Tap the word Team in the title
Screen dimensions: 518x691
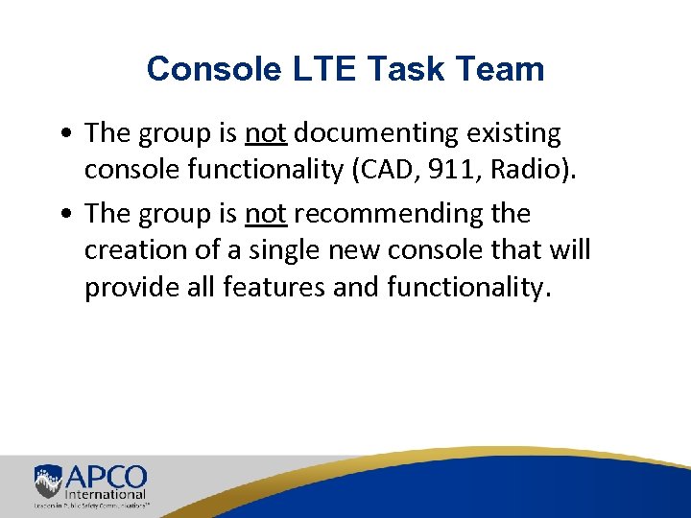pyautogui.click(x=499, y=69)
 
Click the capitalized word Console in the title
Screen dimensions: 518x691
pyautogui.click(x=201, y=69)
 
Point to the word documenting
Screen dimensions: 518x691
pyautogui.click(x=377, y=134)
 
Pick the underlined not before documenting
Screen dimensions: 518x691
pyautogui.click(x=266, y=134)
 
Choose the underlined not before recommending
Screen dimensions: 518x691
pyautogui.click(x=266, y=213)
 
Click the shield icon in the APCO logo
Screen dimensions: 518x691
pyautogui.click(x=48, y=480)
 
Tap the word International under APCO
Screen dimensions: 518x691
pyautogui.click(x=106, y=494)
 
